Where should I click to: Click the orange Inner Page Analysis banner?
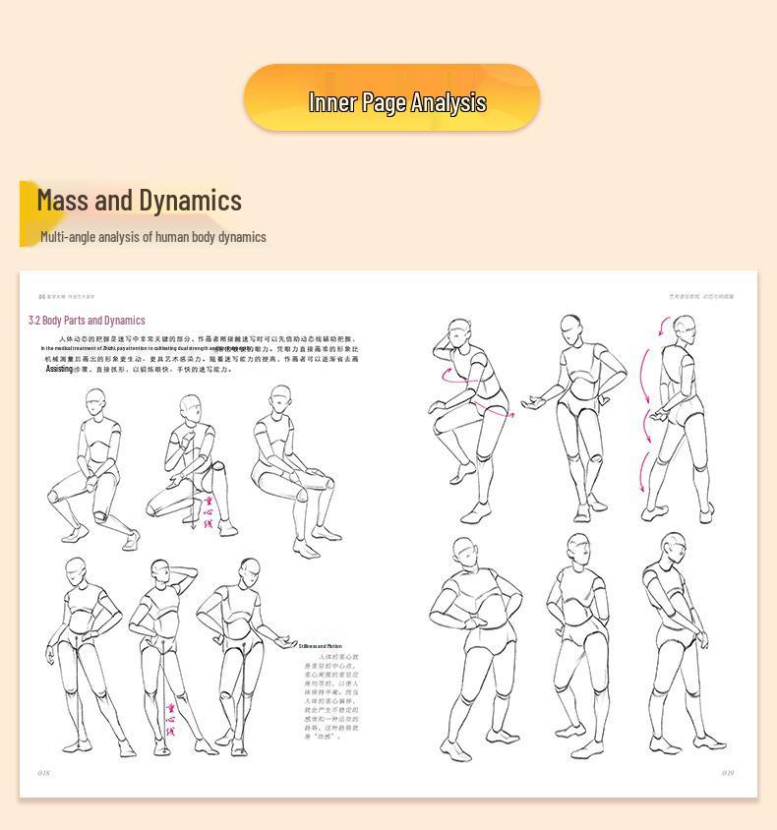click(x=391, y=98)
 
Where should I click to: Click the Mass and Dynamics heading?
click(x=139, y=201)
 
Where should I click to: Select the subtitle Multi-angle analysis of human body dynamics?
click(x=153, y=237)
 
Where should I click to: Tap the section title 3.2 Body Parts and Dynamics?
click(x=87, y=321)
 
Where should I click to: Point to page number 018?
click(x=43, y=773)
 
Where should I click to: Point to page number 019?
click(x=728, y=773)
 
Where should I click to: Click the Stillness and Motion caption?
click(x=321, y=646)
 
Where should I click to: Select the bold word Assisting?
click(x=59, y=369)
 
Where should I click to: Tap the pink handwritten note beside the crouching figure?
click(x=208, y=512)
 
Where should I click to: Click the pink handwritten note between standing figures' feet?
click(x=170, y=720)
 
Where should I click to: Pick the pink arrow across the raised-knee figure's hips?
click(x=495, y=411)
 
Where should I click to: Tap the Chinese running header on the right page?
click(x=701, y=296)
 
